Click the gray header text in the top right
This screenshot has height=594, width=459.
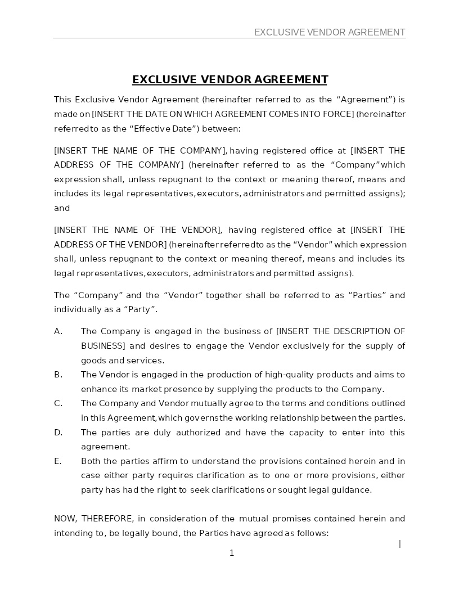tap(329, 32)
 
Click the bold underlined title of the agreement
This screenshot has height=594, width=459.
tap(229, 79)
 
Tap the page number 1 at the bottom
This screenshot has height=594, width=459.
tap(231, 553)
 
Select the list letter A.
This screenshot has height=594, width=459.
tap(58, 331)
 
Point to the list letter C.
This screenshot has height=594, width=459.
tap(58, 403)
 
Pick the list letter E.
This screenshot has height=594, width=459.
tap(57, 461)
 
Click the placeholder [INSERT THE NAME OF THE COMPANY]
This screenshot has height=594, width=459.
tap(140, 151)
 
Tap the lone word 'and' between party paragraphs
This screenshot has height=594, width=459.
tap(62, 208)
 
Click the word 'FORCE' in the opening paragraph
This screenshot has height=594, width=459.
tap(337, 114)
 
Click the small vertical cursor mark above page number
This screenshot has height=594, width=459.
tap(400, 543)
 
